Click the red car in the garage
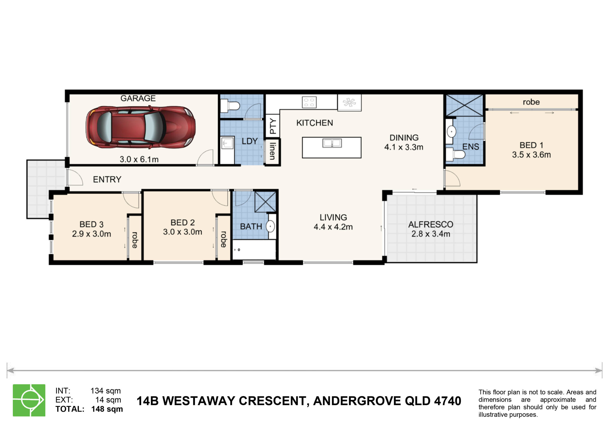[141, 127]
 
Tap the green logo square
[29, 400]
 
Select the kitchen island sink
[332, 143]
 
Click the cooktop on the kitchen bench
[309, 102]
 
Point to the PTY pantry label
[273, 126]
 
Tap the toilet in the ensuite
[455, 154]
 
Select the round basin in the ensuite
[452, 131]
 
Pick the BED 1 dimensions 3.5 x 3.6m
[531, 155]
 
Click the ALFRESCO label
[431, 224]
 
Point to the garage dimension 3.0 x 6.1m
[139, 159]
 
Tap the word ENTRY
[107, 179]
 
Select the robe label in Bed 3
[135, 240]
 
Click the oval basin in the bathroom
[270, 226]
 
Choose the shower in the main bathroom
[265, 202]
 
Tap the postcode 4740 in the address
[447, 401]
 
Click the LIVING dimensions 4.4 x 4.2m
[333, 227]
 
